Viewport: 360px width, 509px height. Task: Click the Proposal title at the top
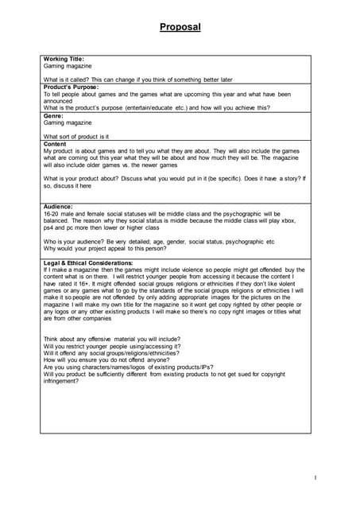click(180, 28)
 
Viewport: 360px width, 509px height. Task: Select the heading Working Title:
click(64, 59)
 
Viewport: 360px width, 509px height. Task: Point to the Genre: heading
click(54, 116)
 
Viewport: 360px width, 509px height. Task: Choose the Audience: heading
click(58, 207)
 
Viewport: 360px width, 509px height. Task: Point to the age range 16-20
click(52, 214)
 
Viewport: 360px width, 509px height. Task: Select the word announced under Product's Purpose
click(60, 101)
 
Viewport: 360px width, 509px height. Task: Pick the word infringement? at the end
click(60, 381)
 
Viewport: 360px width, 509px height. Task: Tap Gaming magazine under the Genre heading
click(68, 123)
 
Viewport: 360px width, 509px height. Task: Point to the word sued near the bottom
click(240, 374)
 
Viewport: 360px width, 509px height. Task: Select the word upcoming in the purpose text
click(195, 94)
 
